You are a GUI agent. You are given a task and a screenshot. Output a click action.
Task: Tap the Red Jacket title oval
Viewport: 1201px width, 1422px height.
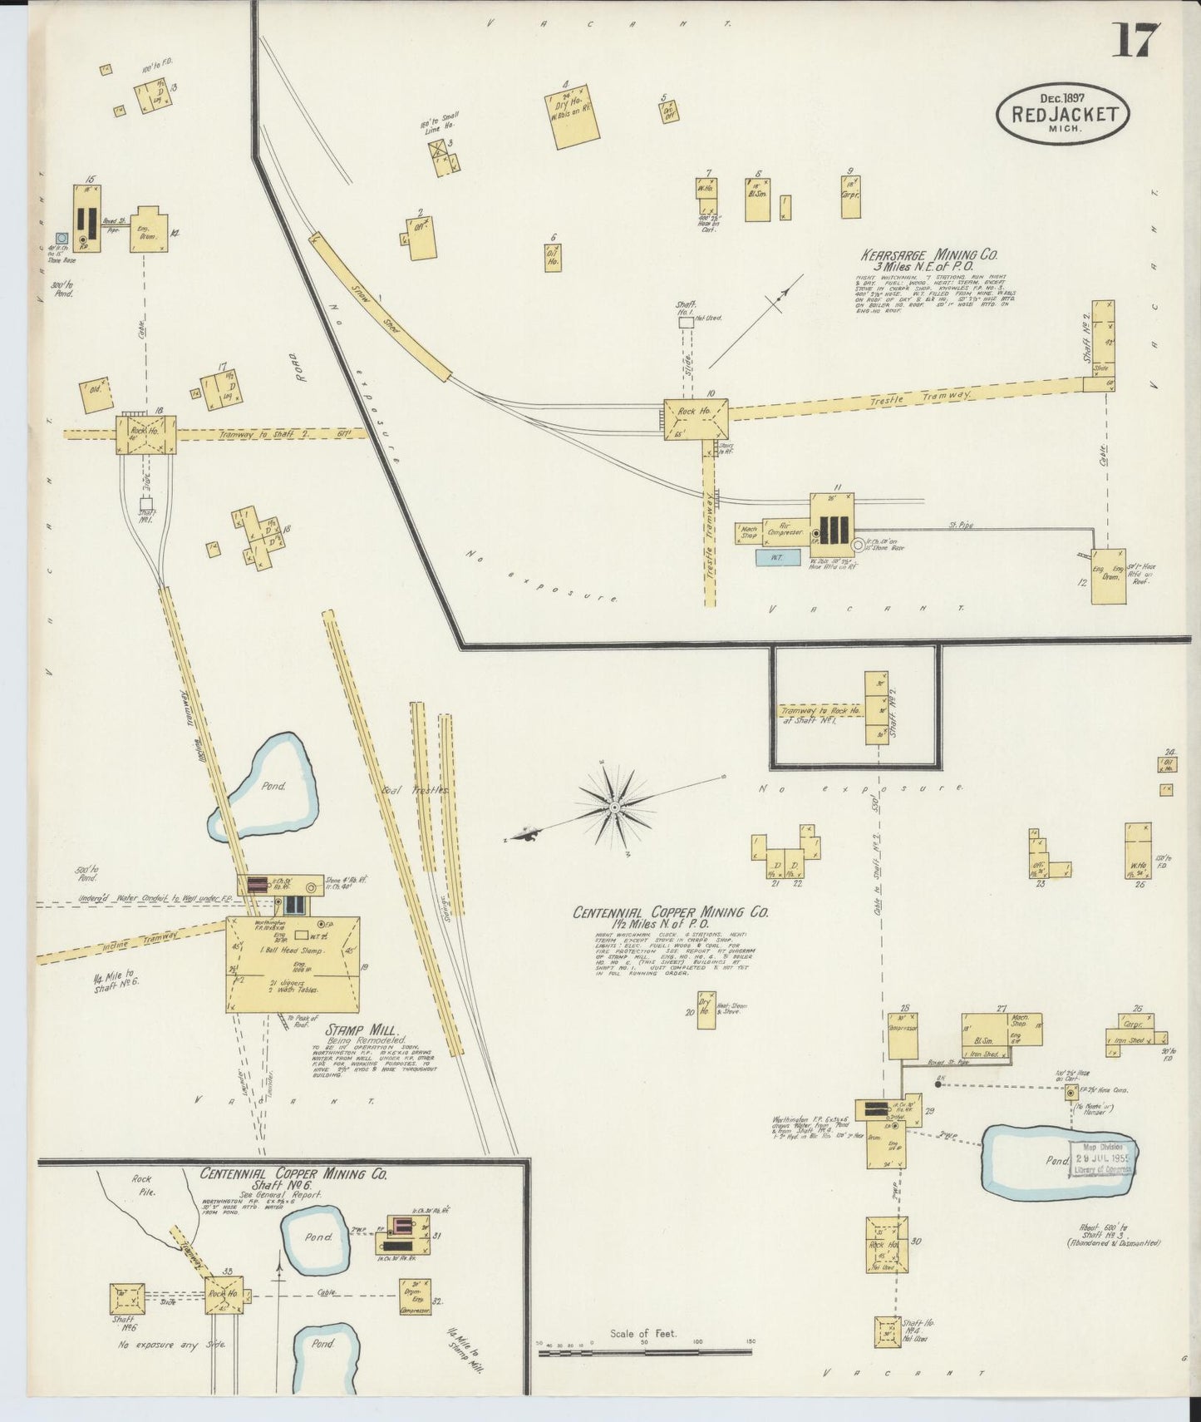pos(1063,116)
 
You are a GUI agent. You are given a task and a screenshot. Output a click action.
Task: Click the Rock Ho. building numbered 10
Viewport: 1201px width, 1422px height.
pos(695,419)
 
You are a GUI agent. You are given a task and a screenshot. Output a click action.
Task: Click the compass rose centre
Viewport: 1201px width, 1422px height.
pos(613,807)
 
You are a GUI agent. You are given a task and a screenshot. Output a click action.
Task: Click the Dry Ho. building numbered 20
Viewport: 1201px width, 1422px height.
pos(706,1010)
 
